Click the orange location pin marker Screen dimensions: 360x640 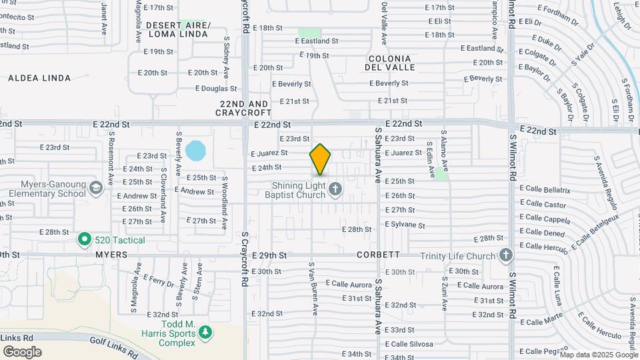(320, 159)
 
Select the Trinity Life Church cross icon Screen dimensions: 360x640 (506, 256)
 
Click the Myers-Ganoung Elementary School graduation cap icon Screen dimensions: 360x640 (97, 189)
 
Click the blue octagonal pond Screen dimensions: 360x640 (196, 151)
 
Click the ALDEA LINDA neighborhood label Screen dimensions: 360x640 (39, 78)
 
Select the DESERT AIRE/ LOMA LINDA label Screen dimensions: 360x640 (178, 29)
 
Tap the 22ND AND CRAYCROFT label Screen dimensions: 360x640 (244, 109)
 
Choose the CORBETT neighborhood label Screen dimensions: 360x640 (378, 255)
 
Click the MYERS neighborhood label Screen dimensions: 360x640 (111, 255)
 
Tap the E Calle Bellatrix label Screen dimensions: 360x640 (545, 190)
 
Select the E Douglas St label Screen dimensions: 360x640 (216, 89)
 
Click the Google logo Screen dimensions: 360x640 (22, 351)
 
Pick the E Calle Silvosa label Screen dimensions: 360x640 (409, 344)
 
